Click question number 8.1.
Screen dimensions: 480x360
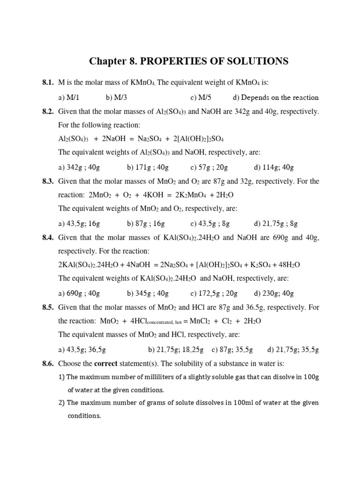coord(48,83)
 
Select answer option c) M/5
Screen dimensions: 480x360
coord(201,97)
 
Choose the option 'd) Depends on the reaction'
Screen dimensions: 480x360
coord(275,97)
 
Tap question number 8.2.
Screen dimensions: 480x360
coord(48,112)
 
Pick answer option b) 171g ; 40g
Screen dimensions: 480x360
coord(148,167)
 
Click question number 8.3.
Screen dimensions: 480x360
coord(48,181)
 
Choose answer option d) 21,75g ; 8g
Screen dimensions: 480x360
coord(276,223)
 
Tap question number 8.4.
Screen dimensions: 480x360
coord(48,238)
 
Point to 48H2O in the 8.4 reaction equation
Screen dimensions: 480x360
coord(286,265)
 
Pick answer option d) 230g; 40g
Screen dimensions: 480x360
coord(274,293)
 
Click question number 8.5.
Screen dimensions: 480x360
coord(48,307)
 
